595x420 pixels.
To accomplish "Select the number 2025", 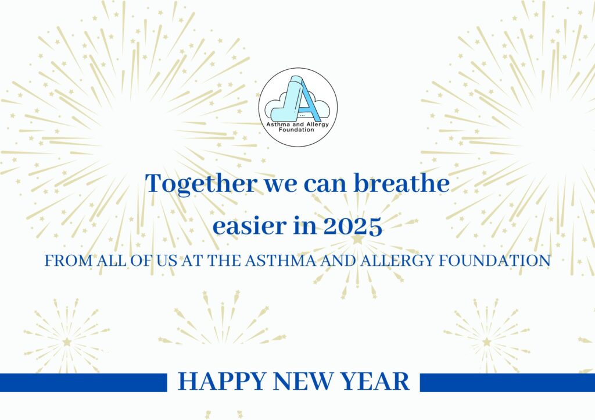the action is point(353,226).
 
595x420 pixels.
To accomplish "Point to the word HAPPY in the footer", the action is point(222,381).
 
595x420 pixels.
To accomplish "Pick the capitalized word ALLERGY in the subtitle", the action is point(397,261).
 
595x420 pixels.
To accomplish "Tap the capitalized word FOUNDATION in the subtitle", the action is point(494,261).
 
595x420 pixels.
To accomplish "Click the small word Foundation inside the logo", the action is point(296,130).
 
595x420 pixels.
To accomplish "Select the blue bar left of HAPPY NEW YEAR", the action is point(84,382).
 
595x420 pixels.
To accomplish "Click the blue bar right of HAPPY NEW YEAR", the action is point(507,382).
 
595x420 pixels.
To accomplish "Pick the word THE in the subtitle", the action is point(224,261).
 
